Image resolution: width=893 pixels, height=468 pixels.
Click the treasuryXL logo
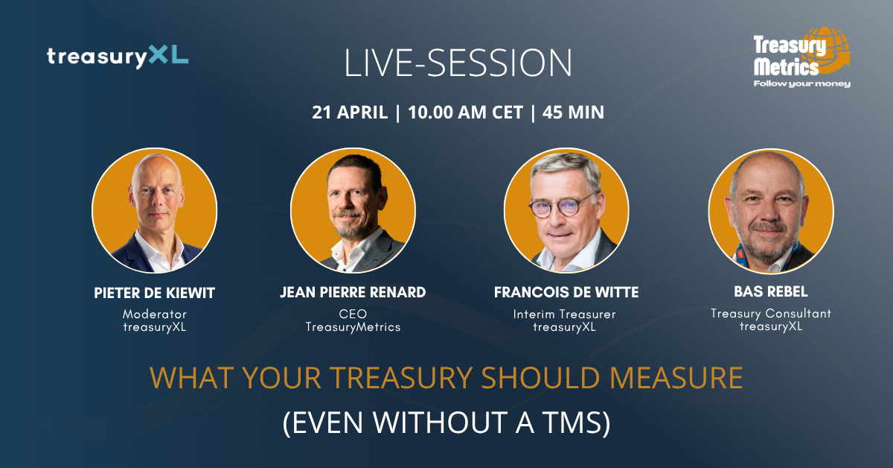coord(118,57)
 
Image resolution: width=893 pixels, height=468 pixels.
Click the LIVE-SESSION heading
coord(458,64)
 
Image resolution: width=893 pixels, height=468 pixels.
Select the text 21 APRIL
coord(350,113)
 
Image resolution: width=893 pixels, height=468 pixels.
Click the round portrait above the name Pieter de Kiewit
coord(155,210)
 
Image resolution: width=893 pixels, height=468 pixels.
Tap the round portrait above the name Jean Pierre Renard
coord(353,210)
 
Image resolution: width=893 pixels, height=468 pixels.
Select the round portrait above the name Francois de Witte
coord(566,210)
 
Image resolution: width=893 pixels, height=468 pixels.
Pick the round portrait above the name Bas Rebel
coord(771,210)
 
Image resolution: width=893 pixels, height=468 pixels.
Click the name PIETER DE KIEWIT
coord(155,293)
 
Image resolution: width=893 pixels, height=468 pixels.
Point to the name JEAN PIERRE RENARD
coord(353,293)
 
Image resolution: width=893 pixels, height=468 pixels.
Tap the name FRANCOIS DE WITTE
coord(566,293)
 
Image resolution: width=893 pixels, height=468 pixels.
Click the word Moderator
coord(155,314)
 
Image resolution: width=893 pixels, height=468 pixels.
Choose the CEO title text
coord(353,314)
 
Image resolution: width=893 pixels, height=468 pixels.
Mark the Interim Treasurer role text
coord(566,314)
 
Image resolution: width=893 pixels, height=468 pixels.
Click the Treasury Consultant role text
coord(771,313)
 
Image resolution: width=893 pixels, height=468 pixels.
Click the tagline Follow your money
coord(802,83)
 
